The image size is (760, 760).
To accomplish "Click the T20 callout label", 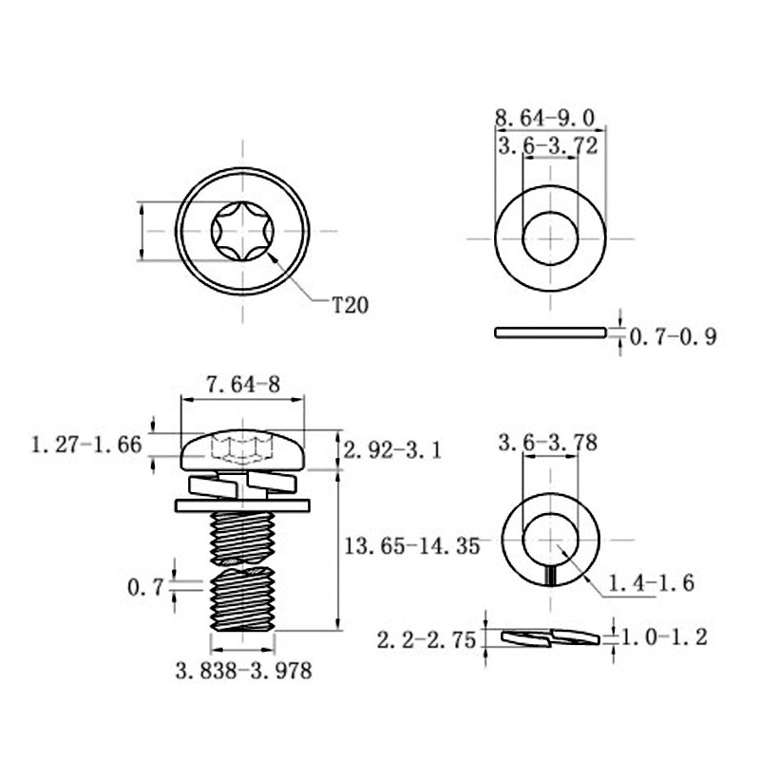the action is [x=350, y=305].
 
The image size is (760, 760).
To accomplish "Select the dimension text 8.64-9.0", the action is [x=544, y=118].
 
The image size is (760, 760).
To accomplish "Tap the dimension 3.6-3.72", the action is [x=548, y=146].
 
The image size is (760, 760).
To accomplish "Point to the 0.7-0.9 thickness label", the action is [x=673, y=336].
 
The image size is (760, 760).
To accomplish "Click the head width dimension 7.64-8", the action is [x=243, y=385].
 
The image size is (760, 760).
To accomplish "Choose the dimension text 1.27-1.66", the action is [x=86, y=445].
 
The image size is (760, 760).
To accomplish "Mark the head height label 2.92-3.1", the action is [x=392, y=451].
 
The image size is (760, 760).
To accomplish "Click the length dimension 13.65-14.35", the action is [x=411, y=546].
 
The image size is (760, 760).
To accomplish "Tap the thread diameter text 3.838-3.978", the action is [x=244, y=672].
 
